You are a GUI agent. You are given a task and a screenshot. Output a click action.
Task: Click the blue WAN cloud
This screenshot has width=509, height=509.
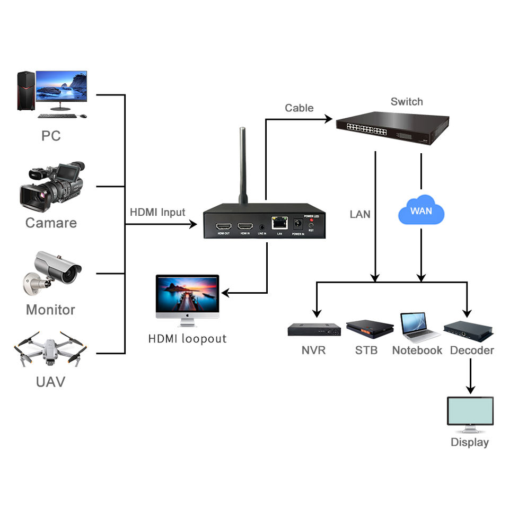[421, 211]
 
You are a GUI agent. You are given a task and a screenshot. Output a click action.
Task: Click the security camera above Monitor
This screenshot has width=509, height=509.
[52, 270]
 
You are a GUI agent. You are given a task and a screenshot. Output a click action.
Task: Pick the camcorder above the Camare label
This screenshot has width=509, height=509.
[52, 186]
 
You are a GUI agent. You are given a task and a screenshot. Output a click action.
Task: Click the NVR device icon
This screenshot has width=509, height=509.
[314, 330]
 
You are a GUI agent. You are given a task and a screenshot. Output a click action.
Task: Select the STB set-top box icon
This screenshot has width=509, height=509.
[370, 329]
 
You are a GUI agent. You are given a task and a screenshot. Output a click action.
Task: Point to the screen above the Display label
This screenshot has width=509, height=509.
[470, 411]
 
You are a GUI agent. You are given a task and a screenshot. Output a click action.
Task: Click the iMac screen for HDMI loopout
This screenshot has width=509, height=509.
[187, 294]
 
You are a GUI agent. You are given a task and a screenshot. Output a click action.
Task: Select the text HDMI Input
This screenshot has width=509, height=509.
[157, 213]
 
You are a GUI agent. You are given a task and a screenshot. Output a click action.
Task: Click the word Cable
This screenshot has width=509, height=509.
[299, 108]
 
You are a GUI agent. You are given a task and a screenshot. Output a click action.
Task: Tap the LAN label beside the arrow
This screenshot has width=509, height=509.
[360, 215]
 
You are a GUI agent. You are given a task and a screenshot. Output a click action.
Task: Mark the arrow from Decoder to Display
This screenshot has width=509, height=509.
[471, 376]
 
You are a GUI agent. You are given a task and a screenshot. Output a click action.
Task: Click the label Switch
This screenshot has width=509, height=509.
[407, 101]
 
